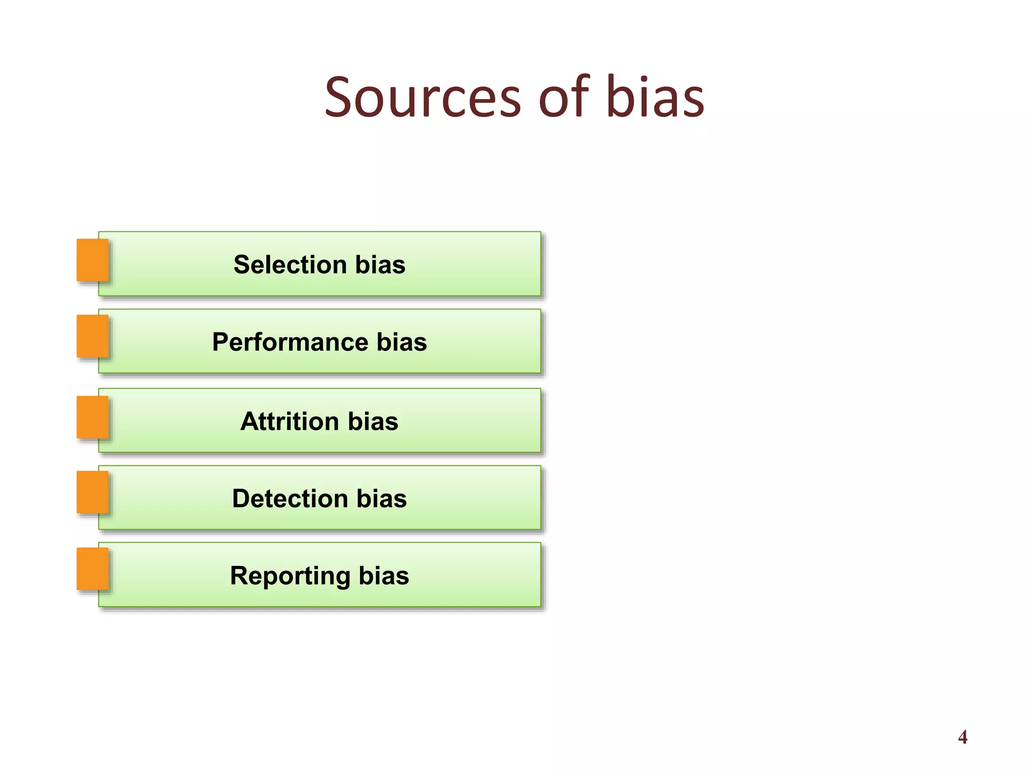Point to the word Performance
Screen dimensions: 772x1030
(290, 342)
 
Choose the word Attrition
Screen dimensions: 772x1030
(290, 421)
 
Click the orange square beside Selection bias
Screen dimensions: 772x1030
(93, 260)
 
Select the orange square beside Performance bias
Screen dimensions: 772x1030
(93, 336)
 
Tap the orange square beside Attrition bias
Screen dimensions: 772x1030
(93, 417)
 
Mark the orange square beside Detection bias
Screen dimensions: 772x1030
(93, 493)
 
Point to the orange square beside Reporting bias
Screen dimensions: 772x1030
(93, 569)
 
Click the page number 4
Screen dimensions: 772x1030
(963, 737)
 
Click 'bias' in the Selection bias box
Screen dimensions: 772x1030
(380, 264)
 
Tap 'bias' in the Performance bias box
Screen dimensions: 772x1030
(402, 342)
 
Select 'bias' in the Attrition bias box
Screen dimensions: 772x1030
(373, 421)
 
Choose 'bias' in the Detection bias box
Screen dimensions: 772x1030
(382, 499)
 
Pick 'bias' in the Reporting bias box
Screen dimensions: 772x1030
(384, 576)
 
